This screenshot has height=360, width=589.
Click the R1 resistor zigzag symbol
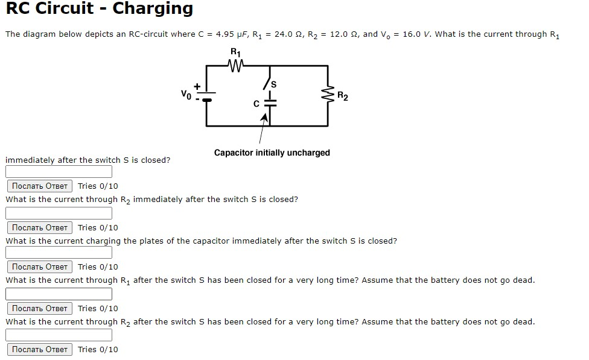pos(236,65)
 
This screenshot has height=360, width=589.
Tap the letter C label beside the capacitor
pos(256,104)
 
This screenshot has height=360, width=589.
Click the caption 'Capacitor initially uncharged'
pos(272,153)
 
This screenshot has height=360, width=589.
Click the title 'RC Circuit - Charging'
pos(100,9)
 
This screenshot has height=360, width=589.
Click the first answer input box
pos(59,172)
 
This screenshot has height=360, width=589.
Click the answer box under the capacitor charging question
pos(59,253)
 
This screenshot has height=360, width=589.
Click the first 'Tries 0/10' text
pos(98,186)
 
